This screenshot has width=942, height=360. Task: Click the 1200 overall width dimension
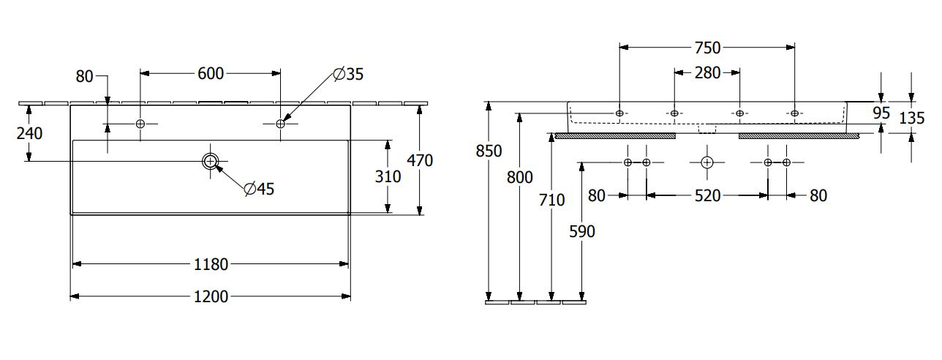[211, 297]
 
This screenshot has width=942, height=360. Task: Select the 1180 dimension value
[211, 265]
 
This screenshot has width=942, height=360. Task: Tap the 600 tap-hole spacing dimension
[211, 74]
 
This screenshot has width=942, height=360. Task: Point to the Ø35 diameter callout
[348, 74]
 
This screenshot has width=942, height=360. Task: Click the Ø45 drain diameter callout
[259, 189]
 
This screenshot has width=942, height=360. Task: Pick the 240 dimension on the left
[29, 134]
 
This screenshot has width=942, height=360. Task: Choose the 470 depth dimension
[420, 161]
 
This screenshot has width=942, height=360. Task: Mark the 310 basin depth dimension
[388, 177]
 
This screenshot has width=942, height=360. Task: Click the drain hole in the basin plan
[211, 161]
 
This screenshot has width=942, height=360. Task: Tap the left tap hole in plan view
[140, 124]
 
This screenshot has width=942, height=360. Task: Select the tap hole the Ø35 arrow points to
[281, 124]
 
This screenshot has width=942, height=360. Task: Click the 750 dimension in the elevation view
[707, 48]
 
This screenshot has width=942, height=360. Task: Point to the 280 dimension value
[707, 73]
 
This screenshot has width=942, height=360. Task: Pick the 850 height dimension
[489, 151]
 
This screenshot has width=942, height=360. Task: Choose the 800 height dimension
[520, 178]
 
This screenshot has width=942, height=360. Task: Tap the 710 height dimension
[551, 200]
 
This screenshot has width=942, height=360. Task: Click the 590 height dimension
[582, 232]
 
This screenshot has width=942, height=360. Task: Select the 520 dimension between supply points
[707, 195]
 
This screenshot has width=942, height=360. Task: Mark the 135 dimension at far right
[912, 119]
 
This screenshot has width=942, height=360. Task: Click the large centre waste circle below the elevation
[707, 162]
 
